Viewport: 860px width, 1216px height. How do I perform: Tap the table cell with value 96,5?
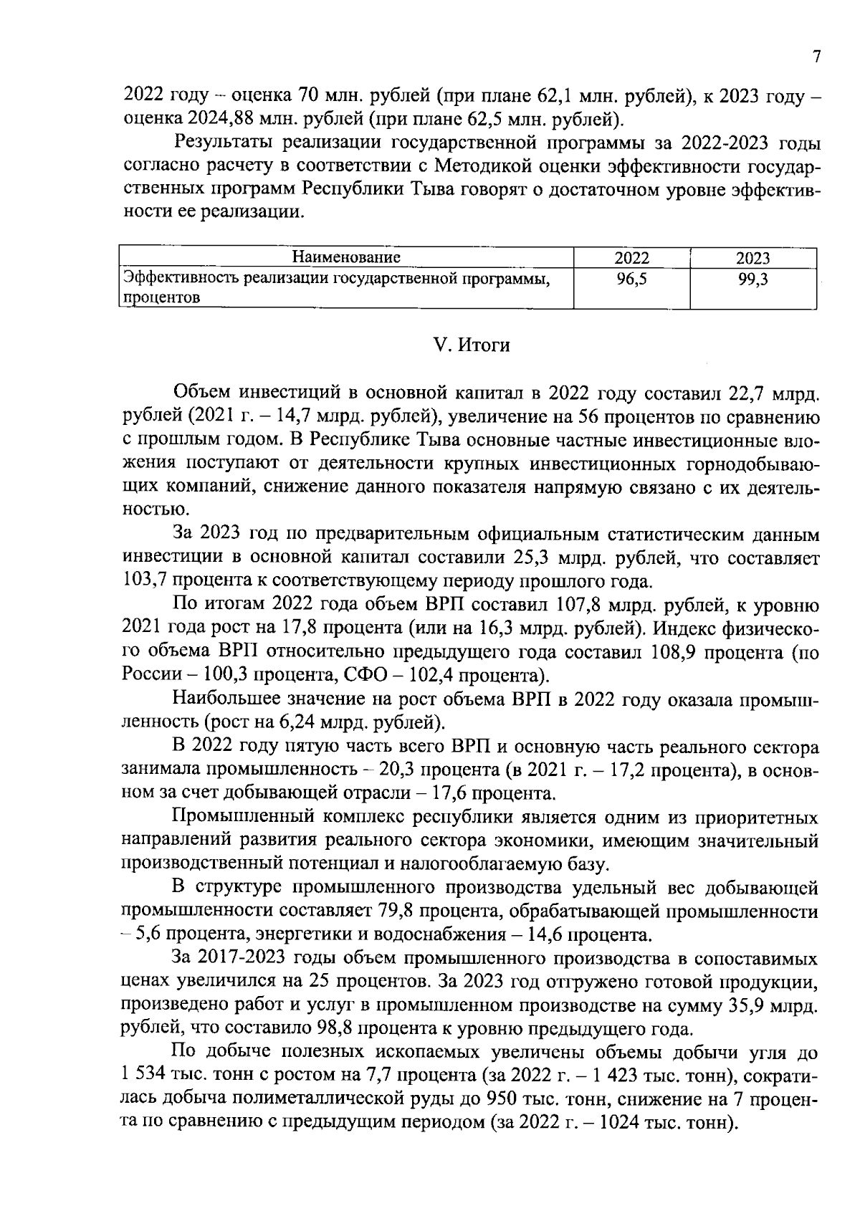click(631, 279)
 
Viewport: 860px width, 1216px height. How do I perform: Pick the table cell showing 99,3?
click(753, 279)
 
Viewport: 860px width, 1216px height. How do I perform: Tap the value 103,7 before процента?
click(142, 580)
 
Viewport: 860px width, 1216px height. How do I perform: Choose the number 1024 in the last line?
click(620, 1123)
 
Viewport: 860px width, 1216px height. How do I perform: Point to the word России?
click(148, 675)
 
